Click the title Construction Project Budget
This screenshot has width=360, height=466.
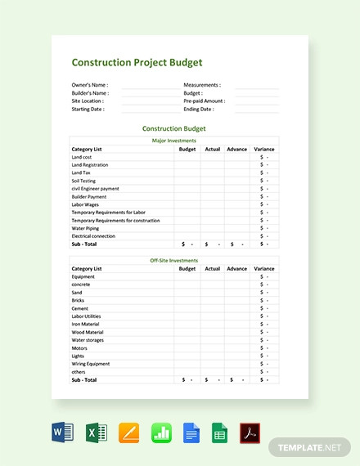(137, 62)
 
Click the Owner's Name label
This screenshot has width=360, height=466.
(90, 85)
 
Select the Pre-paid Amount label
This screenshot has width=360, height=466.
(204, 101)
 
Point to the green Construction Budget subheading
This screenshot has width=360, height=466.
(173, 128)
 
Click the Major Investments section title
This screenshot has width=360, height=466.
(173, 141)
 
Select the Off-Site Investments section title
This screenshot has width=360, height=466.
(173, 260)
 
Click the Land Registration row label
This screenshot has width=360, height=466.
(90, 165)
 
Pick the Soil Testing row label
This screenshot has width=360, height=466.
(83, 181)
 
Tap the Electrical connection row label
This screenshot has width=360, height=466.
(93, 236)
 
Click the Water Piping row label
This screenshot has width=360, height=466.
(85, 228)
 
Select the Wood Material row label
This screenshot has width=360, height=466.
(88, 332)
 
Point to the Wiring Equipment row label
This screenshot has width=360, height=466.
(91, 364)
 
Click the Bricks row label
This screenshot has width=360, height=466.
(79, 300)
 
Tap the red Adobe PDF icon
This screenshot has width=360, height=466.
(250, 432)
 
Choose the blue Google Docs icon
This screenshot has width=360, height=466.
(191, 432)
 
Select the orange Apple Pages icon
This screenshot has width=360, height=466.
(128, 432)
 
